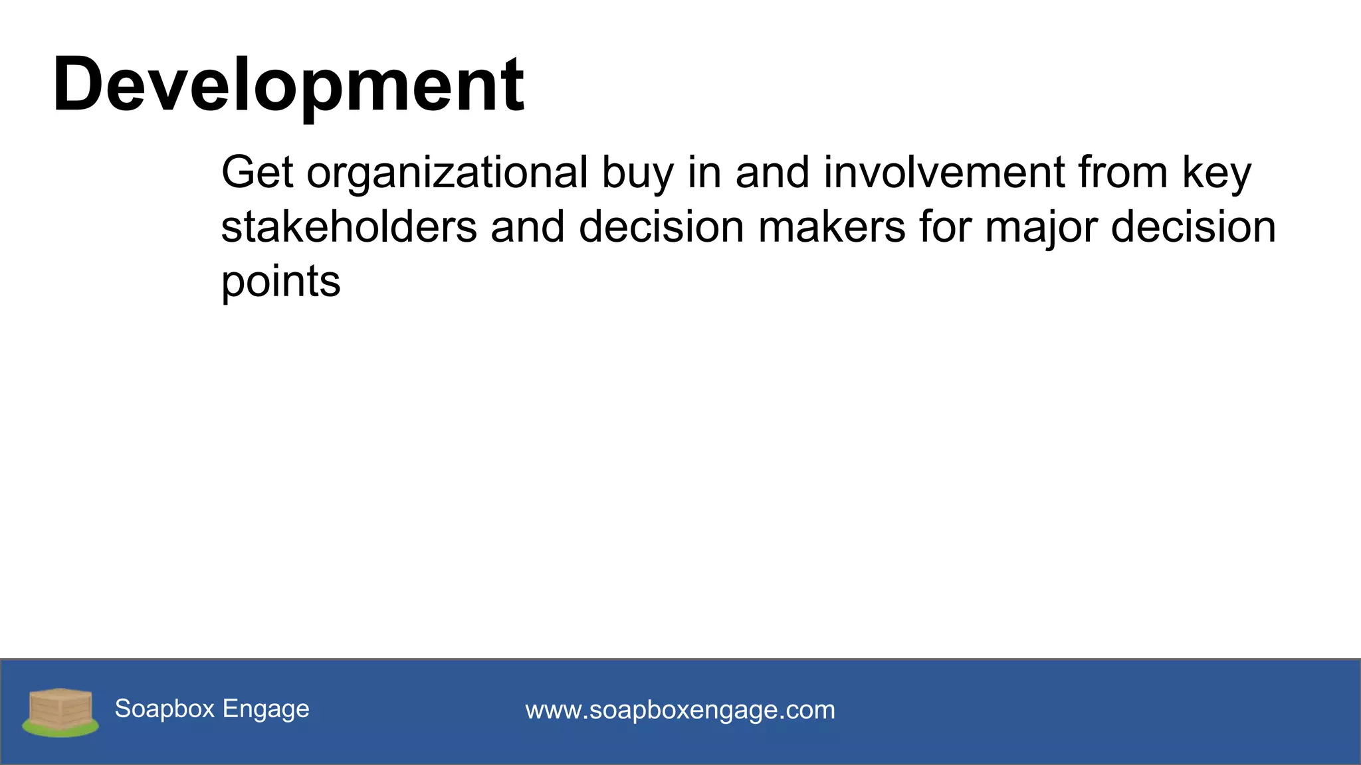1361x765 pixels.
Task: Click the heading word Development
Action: point(288,85)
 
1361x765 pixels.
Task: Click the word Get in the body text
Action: point(257,173)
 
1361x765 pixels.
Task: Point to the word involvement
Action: point(944,173)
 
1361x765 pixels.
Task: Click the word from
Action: point(1122,173)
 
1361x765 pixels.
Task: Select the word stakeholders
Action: point(349,227)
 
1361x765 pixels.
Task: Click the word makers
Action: point(831,227)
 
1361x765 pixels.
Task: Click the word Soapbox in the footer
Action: point(165,709)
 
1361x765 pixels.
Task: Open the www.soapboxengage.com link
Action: point(680,710)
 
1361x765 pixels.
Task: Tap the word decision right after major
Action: point(1194,227)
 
